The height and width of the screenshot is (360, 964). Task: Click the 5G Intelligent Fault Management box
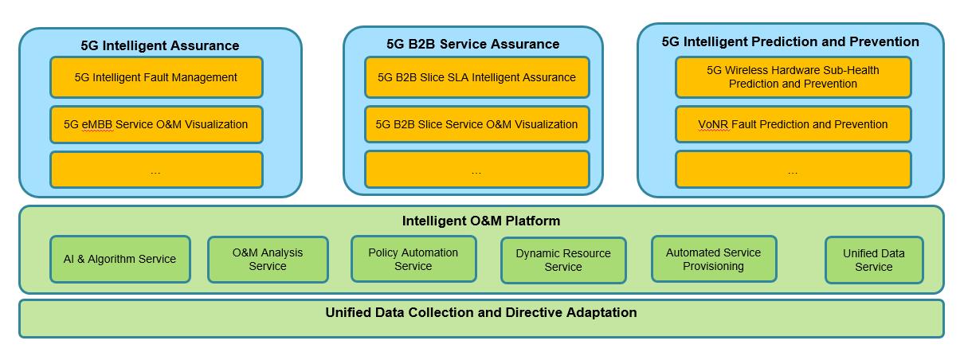(156, 77)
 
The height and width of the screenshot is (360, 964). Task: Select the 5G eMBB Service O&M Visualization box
(156, 124)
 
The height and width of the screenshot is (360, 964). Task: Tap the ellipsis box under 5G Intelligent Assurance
(156, 170)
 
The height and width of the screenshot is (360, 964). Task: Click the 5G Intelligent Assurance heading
(160, 45)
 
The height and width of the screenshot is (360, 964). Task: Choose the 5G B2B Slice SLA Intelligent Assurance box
(476, 77)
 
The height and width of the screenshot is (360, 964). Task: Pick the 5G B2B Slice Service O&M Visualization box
(476, 124)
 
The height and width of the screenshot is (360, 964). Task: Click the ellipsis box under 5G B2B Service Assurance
(476, 170)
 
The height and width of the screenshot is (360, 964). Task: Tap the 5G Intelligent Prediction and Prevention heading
(790, 41)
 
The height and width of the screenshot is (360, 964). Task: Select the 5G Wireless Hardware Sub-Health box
(793, 77)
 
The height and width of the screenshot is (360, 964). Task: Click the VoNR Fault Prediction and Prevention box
(793, 124)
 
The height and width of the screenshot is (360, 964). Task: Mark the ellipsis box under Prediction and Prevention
(793, 170)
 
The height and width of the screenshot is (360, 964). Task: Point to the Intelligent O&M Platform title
(481, 221)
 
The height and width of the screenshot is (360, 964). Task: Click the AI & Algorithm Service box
(120, 259)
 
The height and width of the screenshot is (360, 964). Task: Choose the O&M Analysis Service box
(268, 260)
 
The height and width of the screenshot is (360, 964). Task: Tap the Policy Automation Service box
(413, 259)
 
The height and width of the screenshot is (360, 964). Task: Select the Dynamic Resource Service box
(563, 260)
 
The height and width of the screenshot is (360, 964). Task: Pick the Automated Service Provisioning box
(713, 259)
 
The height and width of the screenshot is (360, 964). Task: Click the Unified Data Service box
(874, 260)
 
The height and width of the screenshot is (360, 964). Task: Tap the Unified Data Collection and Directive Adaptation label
(481, 312)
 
